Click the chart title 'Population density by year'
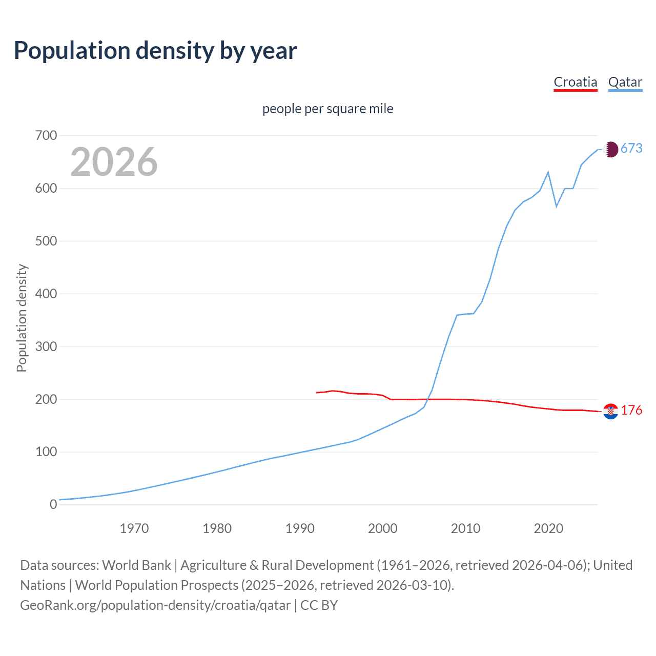click(155, 51)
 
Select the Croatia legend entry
click(576, 82)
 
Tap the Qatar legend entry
click(625, 82)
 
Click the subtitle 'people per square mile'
click(327, 109)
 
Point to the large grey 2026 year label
click(114, 162)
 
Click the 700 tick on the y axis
click(46, 136)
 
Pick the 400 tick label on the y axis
click(46, 294)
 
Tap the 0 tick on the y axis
click(53, 505)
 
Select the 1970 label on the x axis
click(134, 528)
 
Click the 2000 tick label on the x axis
click(383, 528)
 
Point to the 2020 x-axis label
click(548, 528)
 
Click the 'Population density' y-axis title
click(22, 318)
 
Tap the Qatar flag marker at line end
click(610, 149)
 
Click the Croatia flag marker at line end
click(610, 411)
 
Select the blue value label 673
click(631, 148)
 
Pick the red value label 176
click(631, 410)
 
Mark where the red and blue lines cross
click(427, 399)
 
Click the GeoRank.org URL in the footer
click(155, 605)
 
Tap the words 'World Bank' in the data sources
click(136, 565)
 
